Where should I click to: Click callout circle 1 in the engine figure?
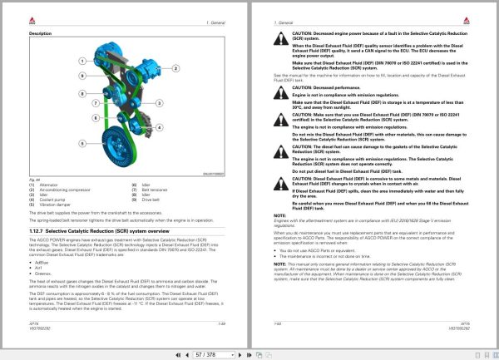tap(82, 62)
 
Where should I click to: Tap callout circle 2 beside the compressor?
tap(82, 73)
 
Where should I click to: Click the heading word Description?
tap(41, 32)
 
